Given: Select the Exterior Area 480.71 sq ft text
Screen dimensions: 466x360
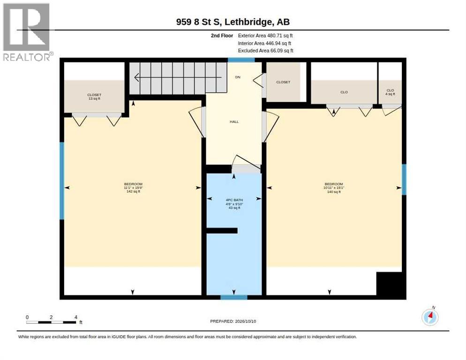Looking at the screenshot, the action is click(265, 36).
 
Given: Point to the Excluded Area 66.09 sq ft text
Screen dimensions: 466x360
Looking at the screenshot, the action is click(265, 51).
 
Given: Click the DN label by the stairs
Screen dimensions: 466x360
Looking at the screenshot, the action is click(238, 77).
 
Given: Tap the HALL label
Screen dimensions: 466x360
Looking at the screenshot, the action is click(234, 121).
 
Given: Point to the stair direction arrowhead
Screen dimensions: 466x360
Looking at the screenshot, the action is click(137, 78).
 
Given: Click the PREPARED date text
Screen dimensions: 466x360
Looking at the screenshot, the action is click(233, 322).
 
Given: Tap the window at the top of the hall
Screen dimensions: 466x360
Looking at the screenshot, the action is click(241, 60).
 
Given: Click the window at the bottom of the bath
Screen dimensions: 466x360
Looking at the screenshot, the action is click(234, 297).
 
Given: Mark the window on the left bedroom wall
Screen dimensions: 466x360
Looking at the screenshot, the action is click(62, 181).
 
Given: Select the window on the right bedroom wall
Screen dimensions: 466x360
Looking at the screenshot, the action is click(404, 180).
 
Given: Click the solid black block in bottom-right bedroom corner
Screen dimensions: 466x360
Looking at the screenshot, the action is click(391, 285).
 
